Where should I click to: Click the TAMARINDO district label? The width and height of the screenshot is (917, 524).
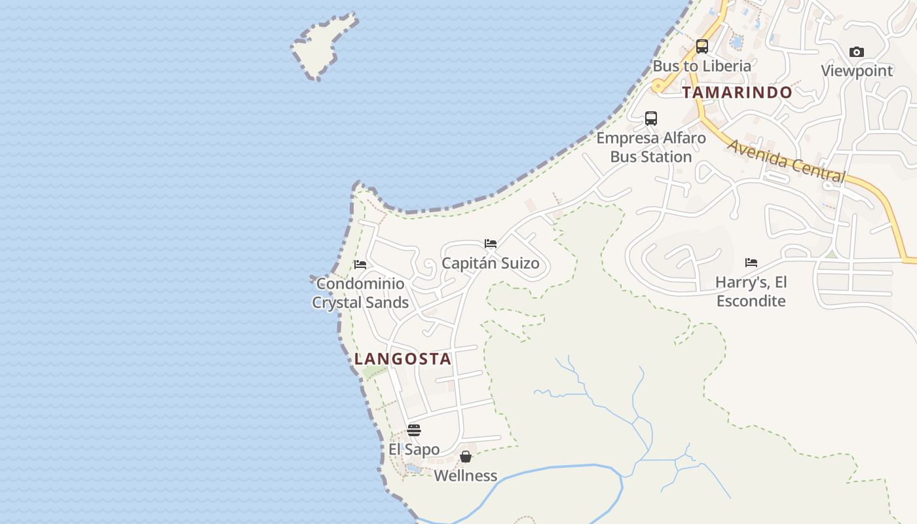tap(737, 92)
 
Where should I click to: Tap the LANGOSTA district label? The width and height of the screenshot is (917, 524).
tap(403, 359)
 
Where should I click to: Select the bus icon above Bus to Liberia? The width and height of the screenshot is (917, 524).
tap(702, 47)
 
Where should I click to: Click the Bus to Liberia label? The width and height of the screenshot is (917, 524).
tap(702, 66)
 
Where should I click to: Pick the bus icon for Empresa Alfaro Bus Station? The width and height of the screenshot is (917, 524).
tap(650, 119)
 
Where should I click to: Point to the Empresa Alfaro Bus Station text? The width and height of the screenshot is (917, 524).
tap(651, 147)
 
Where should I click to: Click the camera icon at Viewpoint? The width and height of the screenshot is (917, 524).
tap(856, 52)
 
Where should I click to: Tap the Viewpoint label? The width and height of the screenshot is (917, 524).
tap(857, 71)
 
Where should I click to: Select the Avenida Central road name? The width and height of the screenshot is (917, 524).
tap(786, 160)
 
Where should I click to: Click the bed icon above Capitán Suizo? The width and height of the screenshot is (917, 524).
tap(491, 244)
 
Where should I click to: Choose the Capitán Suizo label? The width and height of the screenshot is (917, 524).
tap(491, 263)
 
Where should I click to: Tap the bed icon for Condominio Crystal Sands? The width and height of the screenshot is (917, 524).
tap(360, 265)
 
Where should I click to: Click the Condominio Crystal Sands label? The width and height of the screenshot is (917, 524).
tap(360, 293)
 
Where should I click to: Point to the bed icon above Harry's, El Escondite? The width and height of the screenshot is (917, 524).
tap(751, 263)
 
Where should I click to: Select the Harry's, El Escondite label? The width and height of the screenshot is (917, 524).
tap(751, 291)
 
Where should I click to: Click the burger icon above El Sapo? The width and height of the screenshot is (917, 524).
tap(414, 430)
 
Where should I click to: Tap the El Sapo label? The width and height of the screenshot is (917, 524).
tap(414, 449)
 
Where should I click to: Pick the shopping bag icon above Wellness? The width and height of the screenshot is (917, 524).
tap(466, 457)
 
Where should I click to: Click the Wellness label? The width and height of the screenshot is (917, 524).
tap(466, 476)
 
